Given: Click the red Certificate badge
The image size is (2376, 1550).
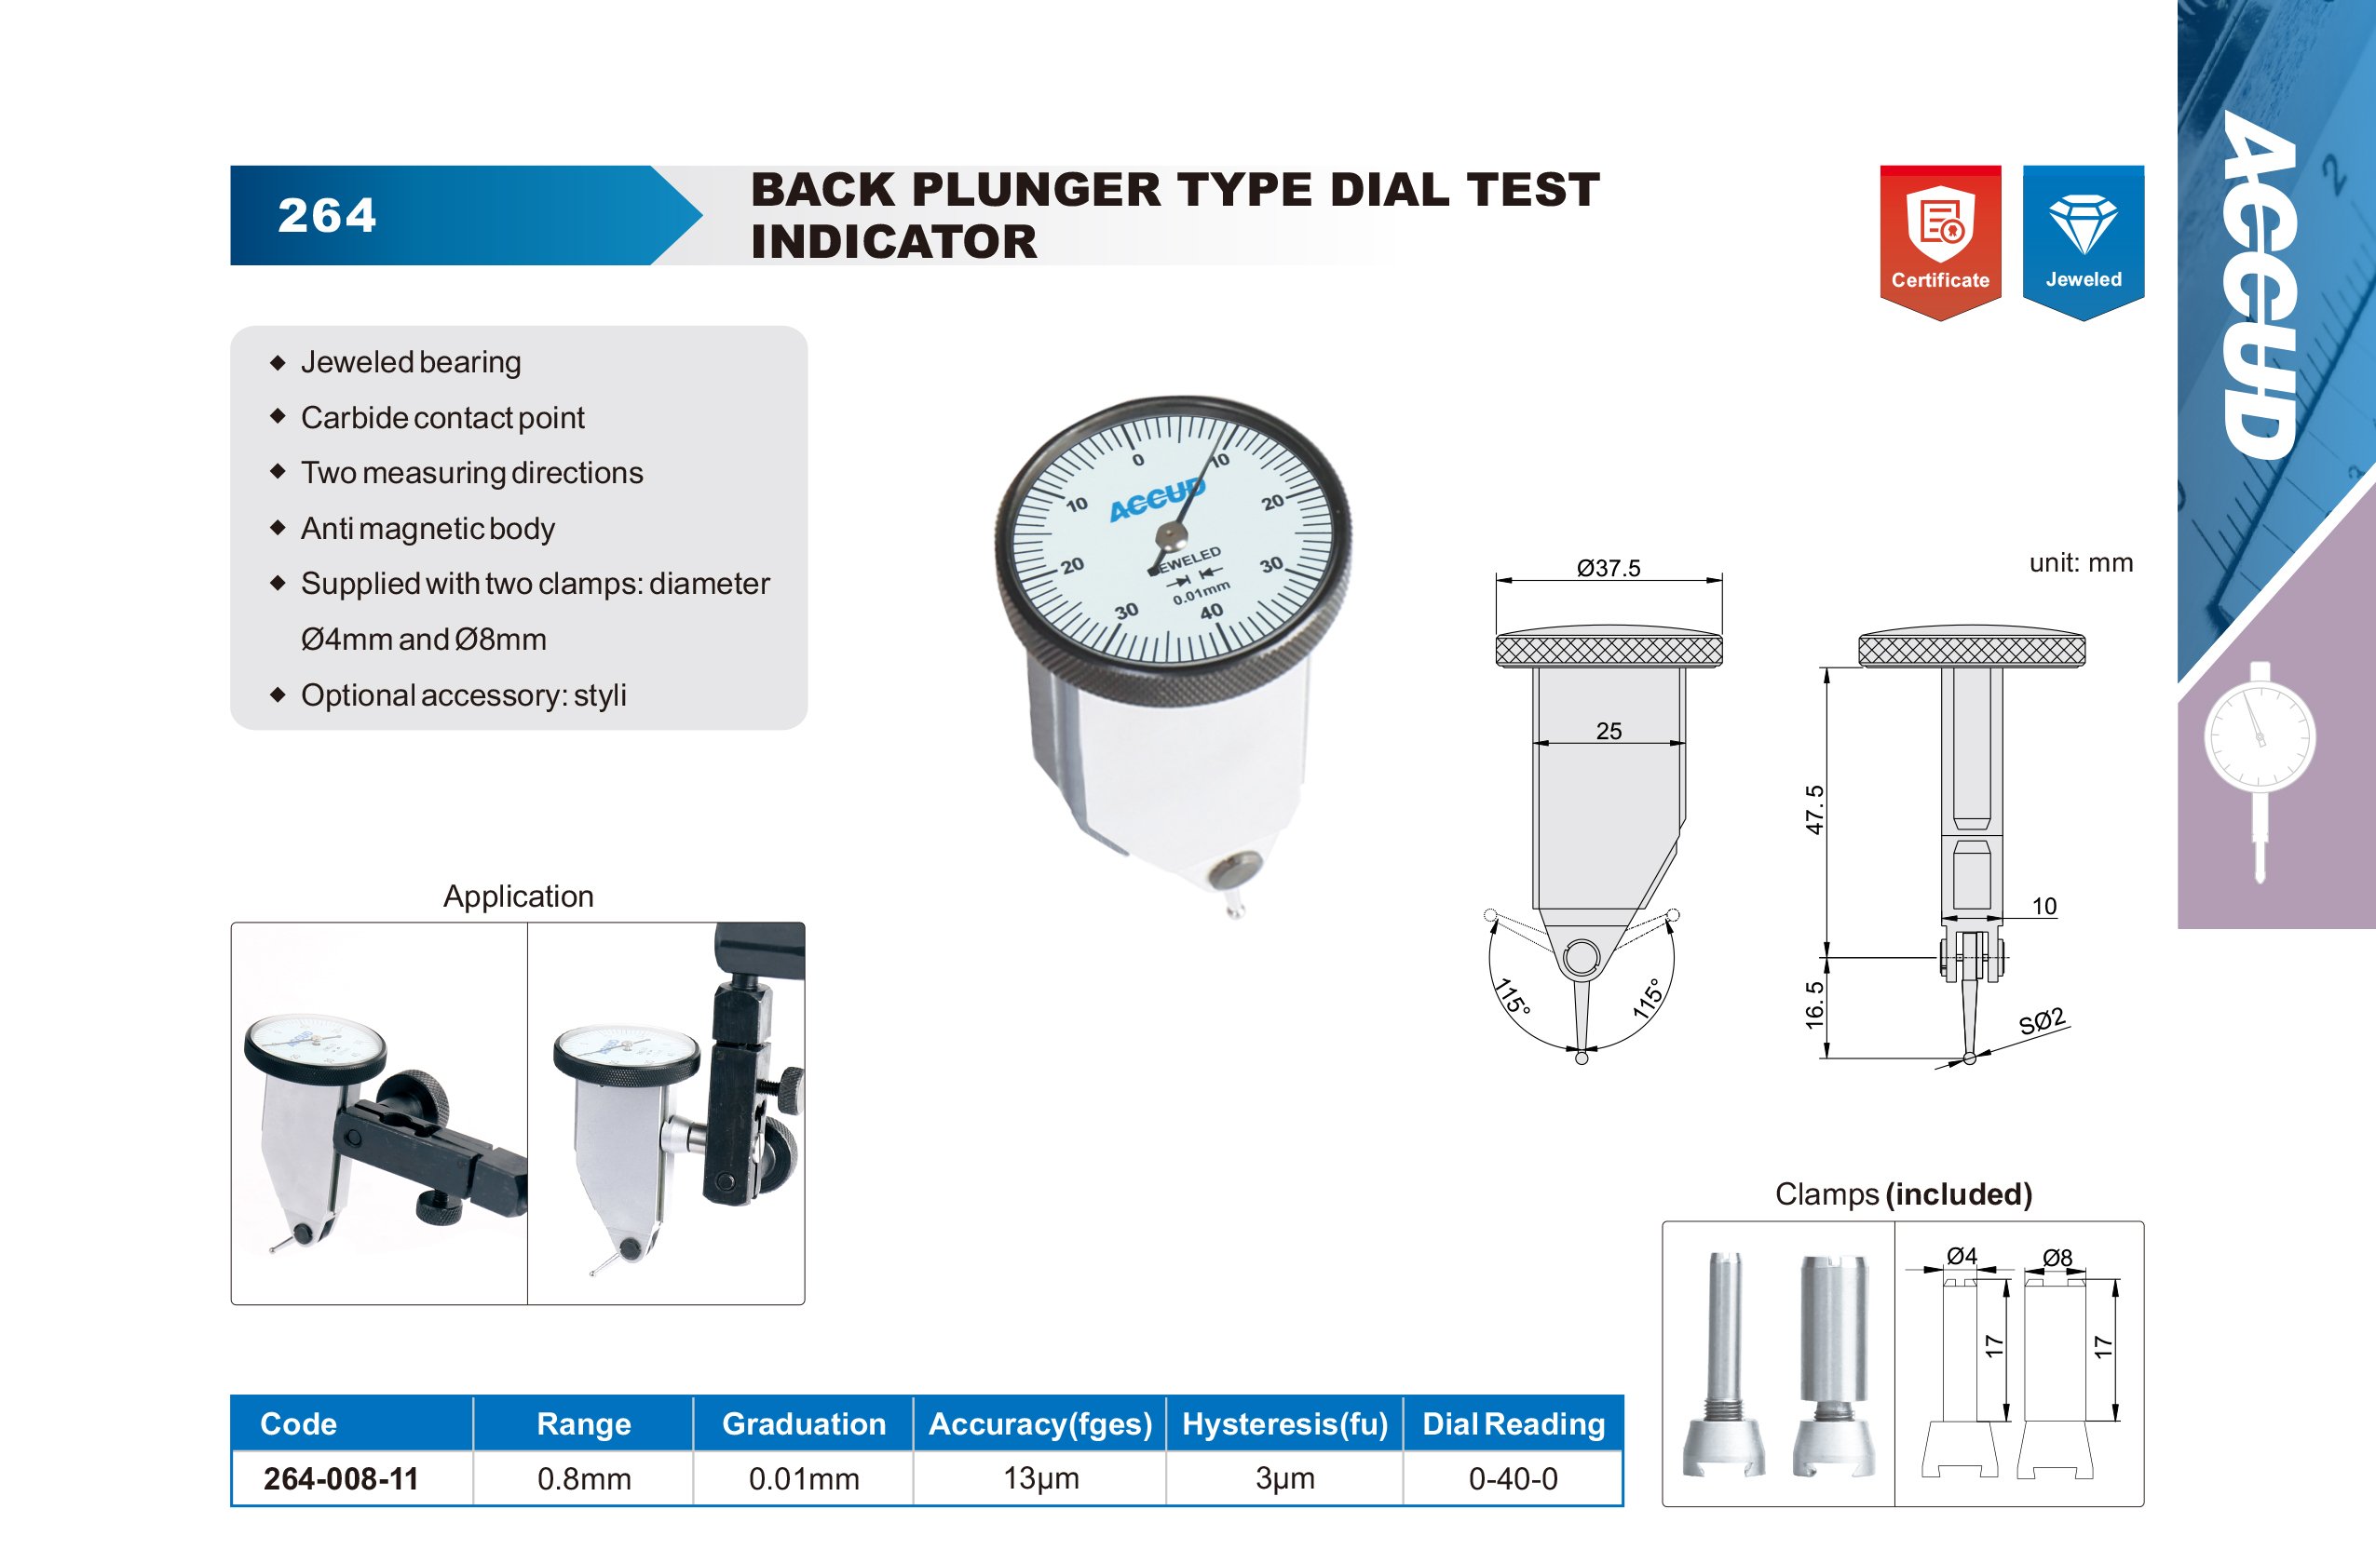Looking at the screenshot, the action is tap(1940, 241).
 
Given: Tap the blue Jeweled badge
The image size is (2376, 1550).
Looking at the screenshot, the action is tap(2084, 241).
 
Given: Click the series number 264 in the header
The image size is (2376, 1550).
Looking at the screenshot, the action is tap(328, 216).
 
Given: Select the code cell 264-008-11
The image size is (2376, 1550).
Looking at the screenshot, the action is tap(341, 1478).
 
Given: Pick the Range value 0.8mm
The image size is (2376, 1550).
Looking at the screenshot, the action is tap(584, 1478).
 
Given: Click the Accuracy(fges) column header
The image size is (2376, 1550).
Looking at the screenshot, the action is tap(1040, 1423).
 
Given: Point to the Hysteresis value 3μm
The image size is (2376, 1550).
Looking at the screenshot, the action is tap(1284, 1478).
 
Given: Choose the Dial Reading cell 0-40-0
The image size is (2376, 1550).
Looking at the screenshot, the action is tap(1513, 1478).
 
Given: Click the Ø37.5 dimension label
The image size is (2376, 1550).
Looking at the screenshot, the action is tap(1609, 568).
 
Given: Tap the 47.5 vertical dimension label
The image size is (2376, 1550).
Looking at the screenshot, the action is tap(1815, 809).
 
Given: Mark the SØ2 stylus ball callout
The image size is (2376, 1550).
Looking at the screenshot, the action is tap(2042, 1022).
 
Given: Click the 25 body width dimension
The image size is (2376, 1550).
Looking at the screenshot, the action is tap(1609, 731).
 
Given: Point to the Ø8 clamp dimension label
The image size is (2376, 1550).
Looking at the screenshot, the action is tap(2057, 1258).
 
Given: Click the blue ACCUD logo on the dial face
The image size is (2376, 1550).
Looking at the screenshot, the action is tap(1157, 499).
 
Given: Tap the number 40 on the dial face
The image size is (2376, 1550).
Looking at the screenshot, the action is tap(1211, 612).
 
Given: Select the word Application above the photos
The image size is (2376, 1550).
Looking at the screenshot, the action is tap(518, 896).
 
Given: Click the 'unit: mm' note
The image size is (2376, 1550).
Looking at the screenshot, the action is tap(2081, 563).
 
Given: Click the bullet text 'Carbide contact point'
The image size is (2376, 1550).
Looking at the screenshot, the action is tap(442, 417).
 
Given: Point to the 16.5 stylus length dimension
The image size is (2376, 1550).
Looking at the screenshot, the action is tap(1815, 1004).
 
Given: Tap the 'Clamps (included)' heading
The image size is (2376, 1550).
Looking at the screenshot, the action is tap(1903, 1193).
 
